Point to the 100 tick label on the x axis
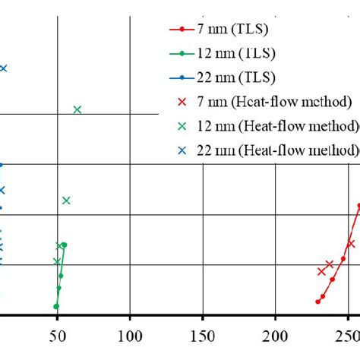[130, 336]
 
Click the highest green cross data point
[77, 109]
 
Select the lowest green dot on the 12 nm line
[56, 306]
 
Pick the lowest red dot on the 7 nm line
[318, 302]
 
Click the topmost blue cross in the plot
[3, 68]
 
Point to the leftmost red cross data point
[321, 271]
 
